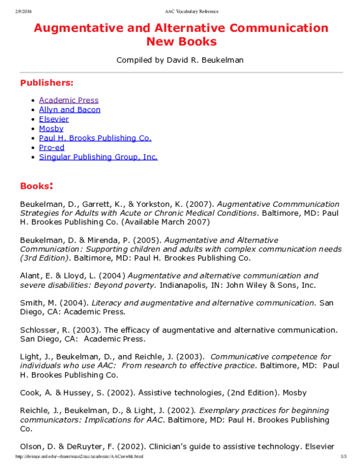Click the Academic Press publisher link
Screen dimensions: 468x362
coord(68,100)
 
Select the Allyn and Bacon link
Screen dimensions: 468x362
coord(69,110)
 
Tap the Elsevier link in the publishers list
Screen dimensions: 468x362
coord(54,119)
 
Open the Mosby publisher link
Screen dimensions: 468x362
coord(51,128)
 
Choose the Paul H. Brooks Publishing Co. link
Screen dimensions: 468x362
coord(95,138)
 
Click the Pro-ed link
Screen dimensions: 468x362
coord(51,147)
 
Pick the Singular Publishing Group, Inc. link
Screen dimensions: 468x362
coord(98,157)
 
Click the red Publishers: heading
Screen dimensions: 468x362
coord(46,83)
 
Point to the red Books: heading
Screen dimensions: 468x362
coord(37,185)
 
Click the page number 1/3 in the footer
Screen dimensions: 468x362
coord(344,457)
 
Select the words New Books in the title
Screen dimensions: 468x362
coord(181,42)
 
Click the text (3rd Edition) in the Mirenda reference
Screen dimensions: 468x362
coord(42,258)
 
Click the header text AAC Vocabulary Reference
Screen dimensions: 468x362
coord(191,11)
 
